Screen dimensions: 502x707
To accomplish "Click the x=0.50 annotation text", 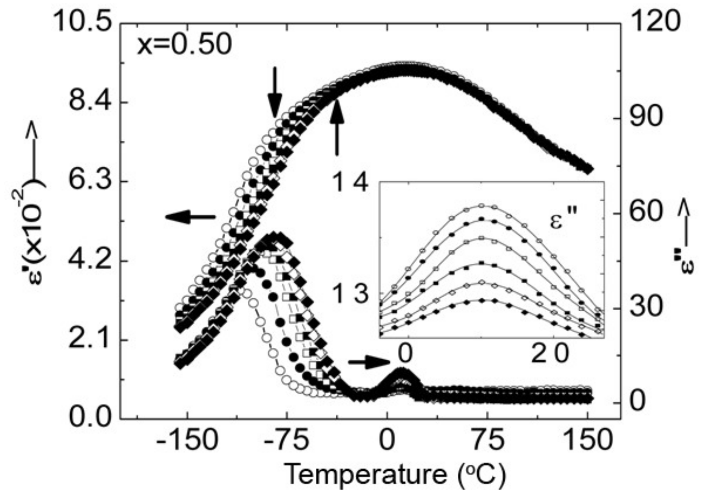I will tap(184, 46).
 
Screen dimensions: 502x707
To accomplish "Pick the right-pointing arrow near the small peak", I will tap(368, 362).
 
